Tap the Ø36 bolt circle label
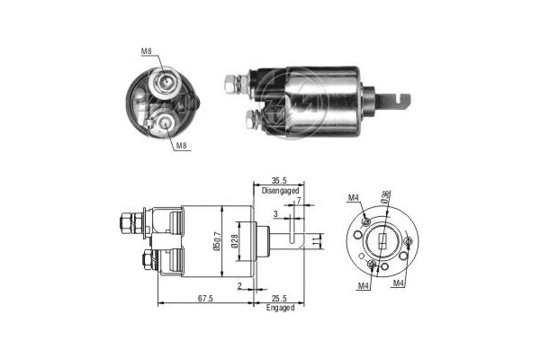385,201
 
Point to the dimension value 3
275,214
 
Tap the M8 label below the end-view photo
180,144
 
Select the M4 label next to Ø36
353,199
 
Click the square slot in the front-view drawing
382,241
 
